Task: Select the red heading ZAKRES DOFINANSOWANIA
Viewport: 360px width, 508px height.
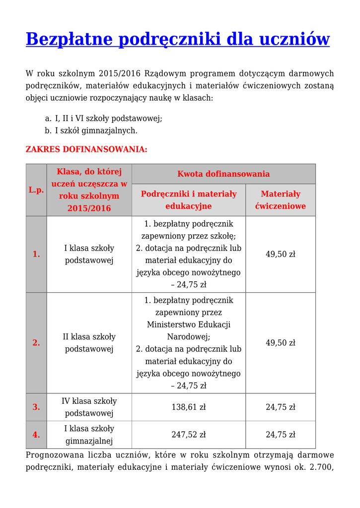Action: click(x=86, y=149)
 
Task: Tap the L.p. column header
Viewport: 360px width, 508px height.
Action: click(x=36, y=190)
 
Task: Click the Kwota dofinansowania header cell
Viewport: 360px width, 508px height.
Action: click(x=223, y=174)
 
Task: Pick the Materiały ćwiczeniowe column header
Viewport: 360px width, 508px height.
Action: click(x=281, y=200)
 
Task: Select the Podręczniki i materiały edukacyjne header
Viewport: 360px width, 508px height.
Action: click(x=189, y=200)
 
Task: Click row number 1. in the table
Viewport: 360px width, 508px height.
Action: click(x=36, y=254)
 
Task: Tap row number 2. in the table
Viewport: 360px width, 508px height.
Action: click(x=36, y=343)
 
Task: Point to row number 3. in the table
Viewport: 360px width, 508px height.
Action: click(x=36, y=407)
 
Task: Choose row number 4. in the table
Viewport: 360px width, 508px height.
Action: click(x=36, y=435)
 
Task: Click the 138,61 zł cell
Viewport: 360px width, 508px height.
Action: click(x=189, y=407)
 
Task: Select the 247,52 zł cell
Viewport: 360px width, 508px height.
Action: click(x=189, y=435)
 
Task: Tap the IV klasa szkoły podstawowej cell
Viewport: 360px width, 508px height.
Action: click(x=89, y=407)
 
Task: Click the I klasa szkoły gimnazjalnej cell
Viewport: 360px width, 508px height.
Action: click(x=89, y=435)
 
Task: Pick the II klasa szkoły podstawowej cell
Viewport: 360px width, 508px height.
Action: click(x=89, y=343)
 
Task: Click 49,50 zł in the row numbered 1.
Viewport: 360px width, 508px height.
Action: click(x=281, y=254)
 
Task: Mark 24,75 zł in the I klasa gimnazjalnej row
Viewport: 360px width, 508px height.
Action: click(x=281, y=435)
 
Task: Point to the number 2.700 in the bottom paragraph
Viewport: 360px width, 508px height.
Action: click(x=321, y=467)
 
